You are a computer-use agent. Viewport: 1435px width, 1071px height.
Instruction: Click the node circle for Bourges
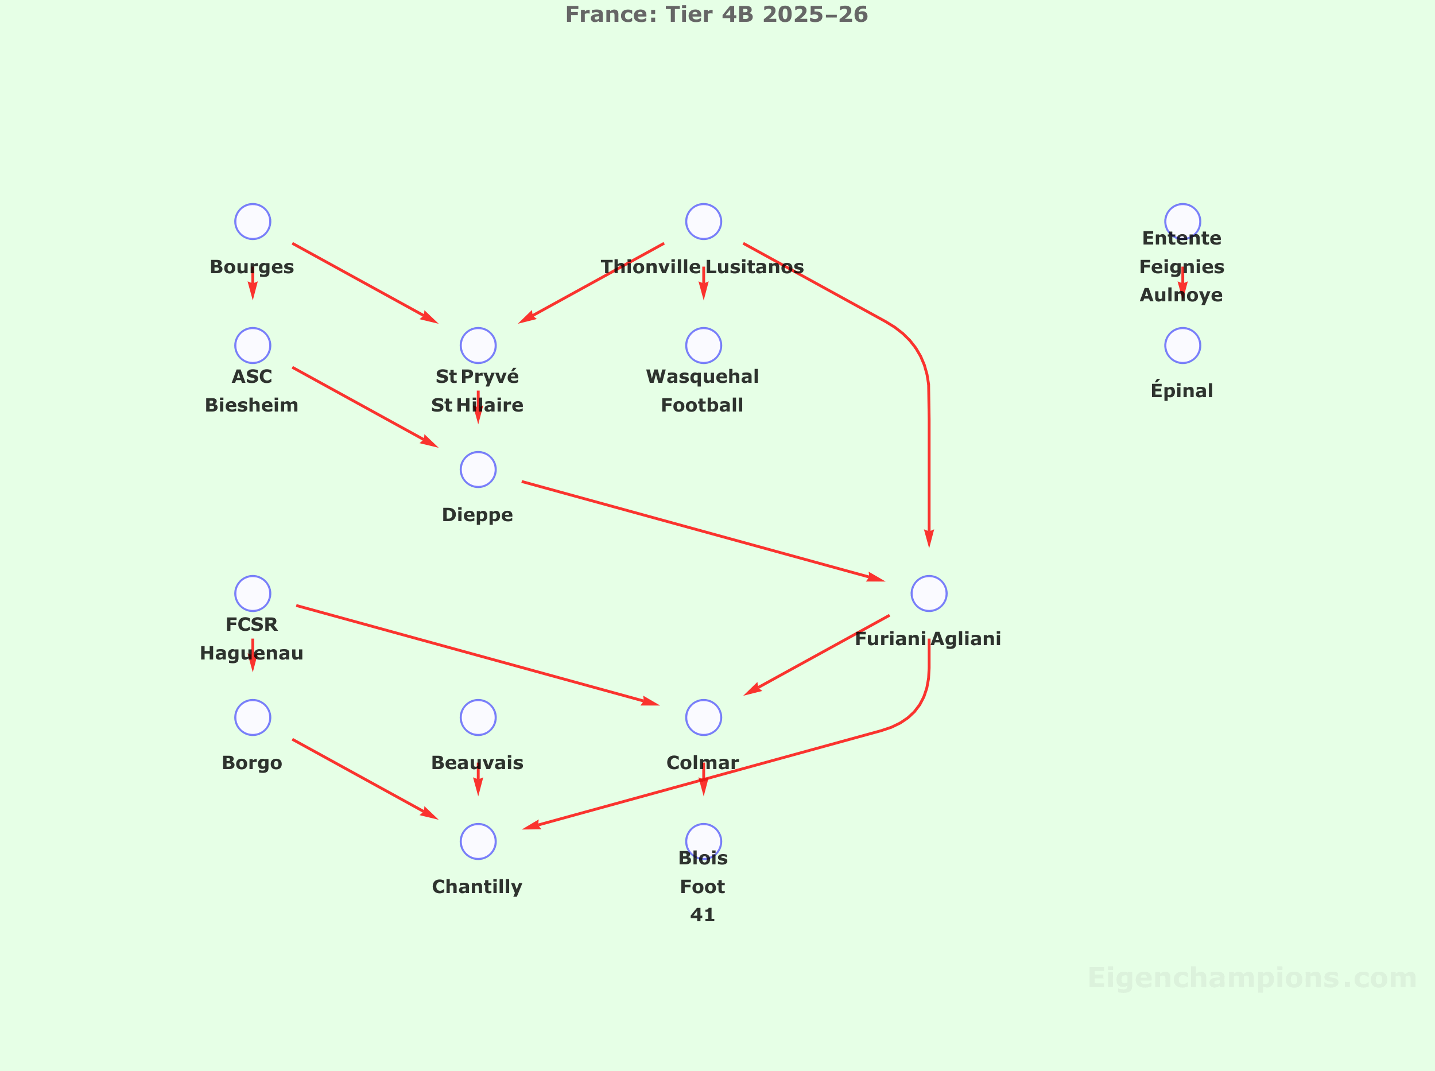click(x=252, y=222)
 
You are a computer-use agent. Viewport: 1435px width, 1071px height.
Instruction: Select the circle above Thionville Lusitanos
click(x=704, y=222)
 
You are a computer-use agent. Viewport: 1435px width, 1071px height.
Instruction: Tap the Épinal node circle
click(x=1182, y=346)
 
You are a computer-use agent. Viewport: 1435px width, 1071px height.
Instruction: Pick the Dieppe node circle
click(x=478, y=469)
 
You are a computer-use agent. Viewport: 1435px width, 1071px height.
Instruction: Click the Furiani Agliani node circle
click(x=929, y=593)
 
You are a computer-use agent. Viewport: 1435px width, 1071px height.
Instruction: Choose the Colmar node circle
click(x=704, y=717)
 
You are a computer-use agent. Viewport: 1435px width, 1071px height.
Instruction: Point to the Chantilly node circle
click(x=478, y=841)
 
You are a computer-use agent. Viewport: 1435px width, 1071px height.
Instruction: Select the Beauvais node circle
click(x=478, y=717)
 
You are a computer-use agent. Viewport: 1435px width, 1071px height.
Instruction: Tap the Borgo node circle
click(x=252, y=717)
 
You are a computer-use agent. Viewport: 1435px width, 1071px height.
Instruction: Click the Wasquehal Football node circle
click(x=704, y=346)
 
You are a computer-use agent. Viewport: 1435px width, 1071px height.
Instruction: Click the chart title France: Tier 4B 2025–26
click(x=716, y=14)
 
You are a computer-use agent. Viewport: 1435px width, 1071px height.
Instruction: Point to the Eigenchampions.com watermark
click(x=1251, y=977)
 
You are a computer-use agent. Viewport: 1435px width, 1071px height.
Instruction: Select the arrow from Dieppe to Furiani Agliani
click(x=703, y=531)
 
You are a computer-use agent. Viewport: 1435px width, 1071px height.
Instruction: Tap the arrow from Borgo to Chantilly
click(x=365, y=779)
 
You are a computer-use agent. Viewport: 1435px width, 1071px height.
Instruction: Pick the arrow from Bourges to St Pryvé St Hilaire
click(x=365, y=282)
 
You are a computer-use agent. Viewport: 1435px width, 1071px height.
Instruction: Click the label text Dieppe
click(x=477, y=515)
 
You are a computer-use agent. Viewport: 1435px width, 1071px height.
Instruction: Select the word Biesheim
click(x=251, y=405)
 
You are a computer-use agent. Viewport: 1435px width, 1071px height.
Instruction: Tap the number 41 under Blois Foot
click(x=702, y=915)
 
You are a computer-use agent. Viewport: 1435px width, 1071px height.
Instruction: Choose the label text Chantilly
click(x=477, y=886)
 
